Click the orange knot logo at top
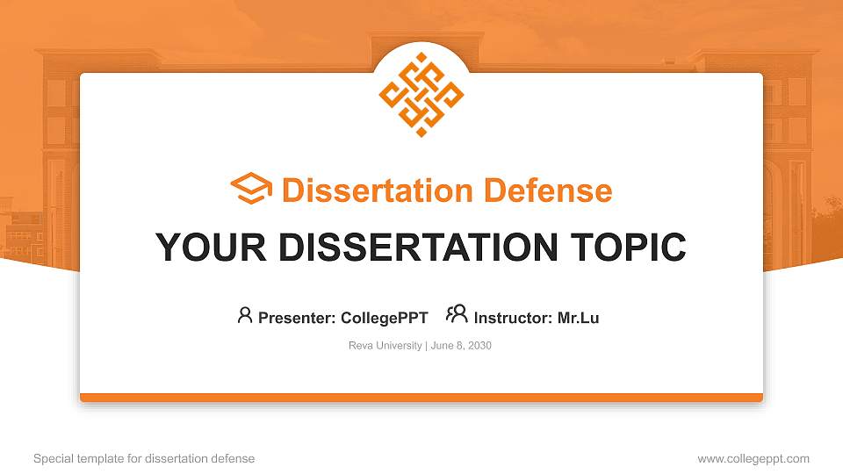pyautogui.click(x=421, y=95)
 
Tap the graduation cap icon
pyautogui.click(x=251, y=190)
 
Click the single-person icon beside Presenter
pyautogui.click(x=245, y=315)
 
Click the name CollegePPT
pyautogui.click(x=384, y=318)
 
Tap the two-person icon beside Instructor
pyautogui.click(x=457, y=314)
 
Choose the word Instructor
pyautogui.click(x=512, y=318)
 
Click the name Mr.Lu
pyautogui.click(x=578, y=318)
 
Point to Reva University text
pyautogui.click(x=385, y=346)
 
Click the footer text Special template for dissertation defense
pyautogui.click(x=144, y=458)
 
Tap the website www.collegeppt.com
pyautogui.click(x=753, y=458)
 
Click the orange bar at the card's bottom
pyautogui.click(x=421, y=398)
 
